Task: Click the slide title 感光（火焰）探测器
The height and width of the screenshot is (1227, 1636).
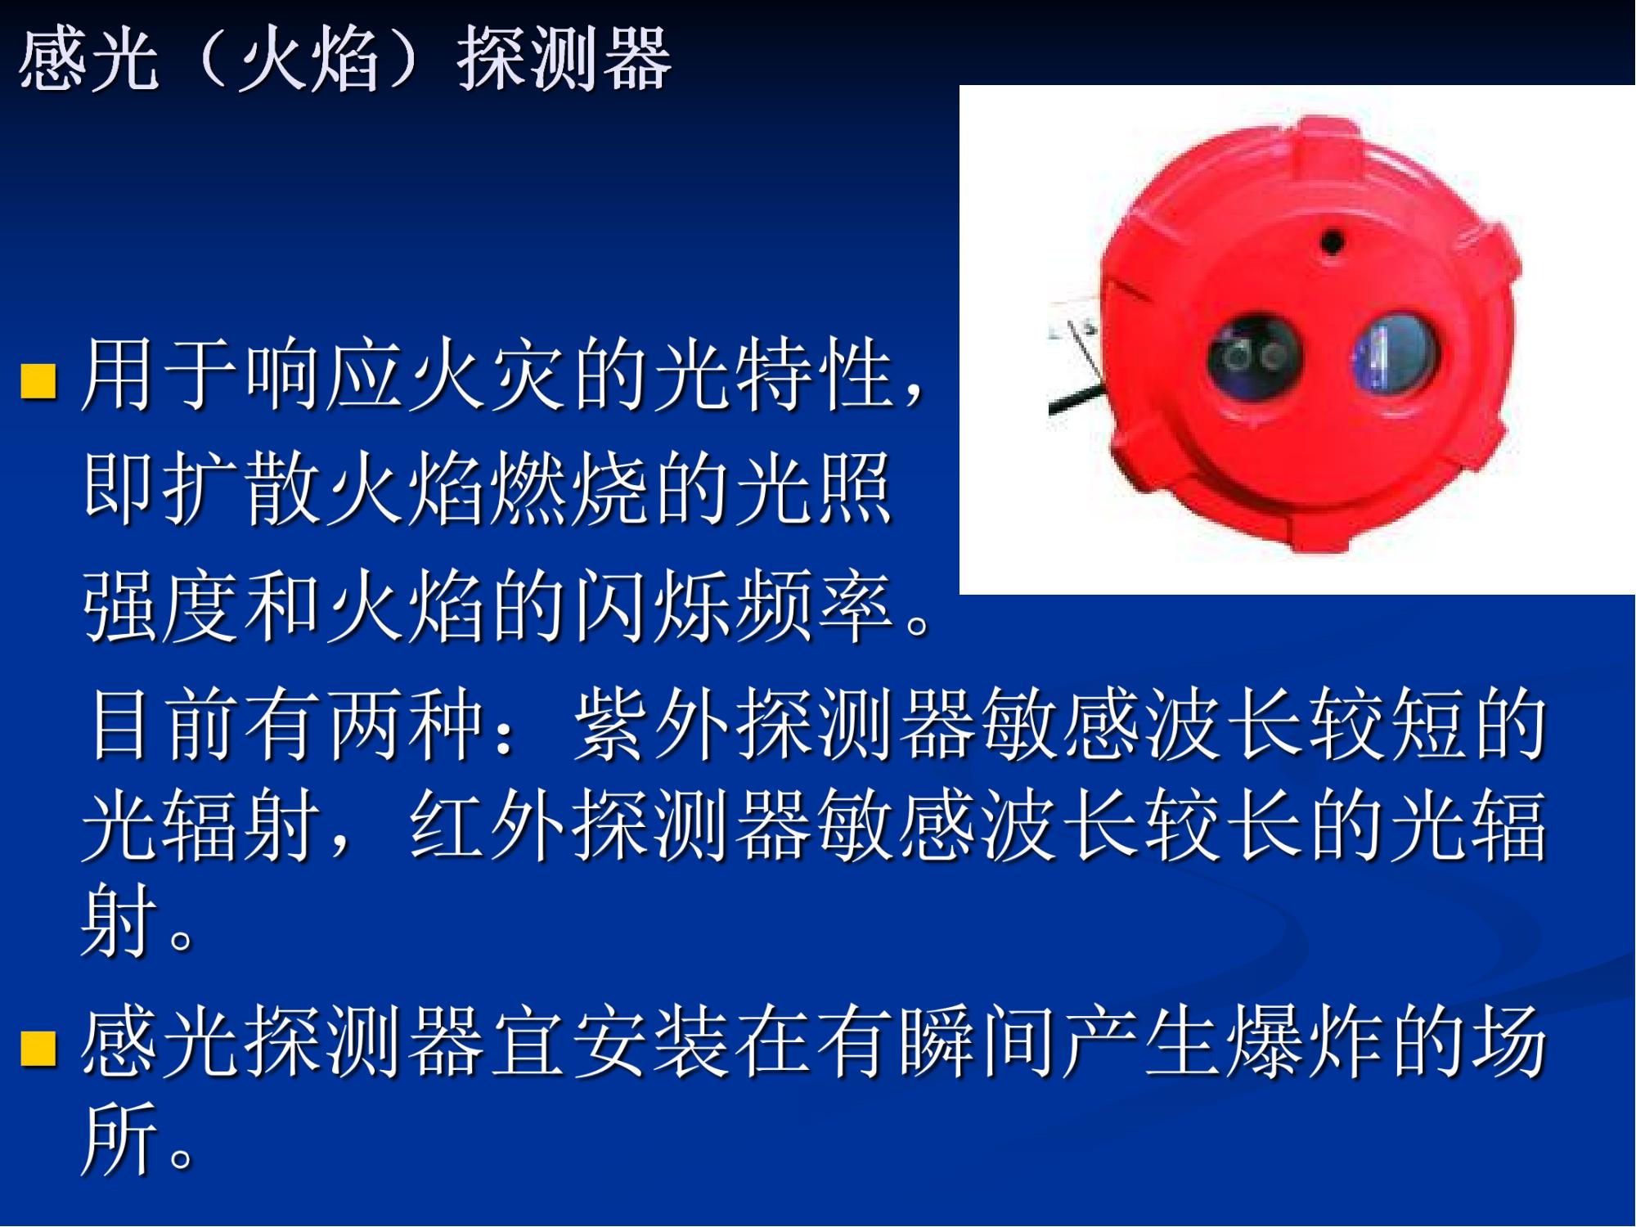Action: pos(345,59)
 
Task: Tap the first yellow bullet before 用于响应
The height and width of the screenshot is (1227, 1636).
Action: pos(38,380)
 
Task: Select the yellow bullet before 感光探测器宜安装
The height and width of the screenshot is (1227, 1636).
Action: pos(38,1049)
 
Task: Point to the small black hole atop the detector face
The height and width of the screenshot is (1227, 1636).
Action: pos(1332,242)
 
